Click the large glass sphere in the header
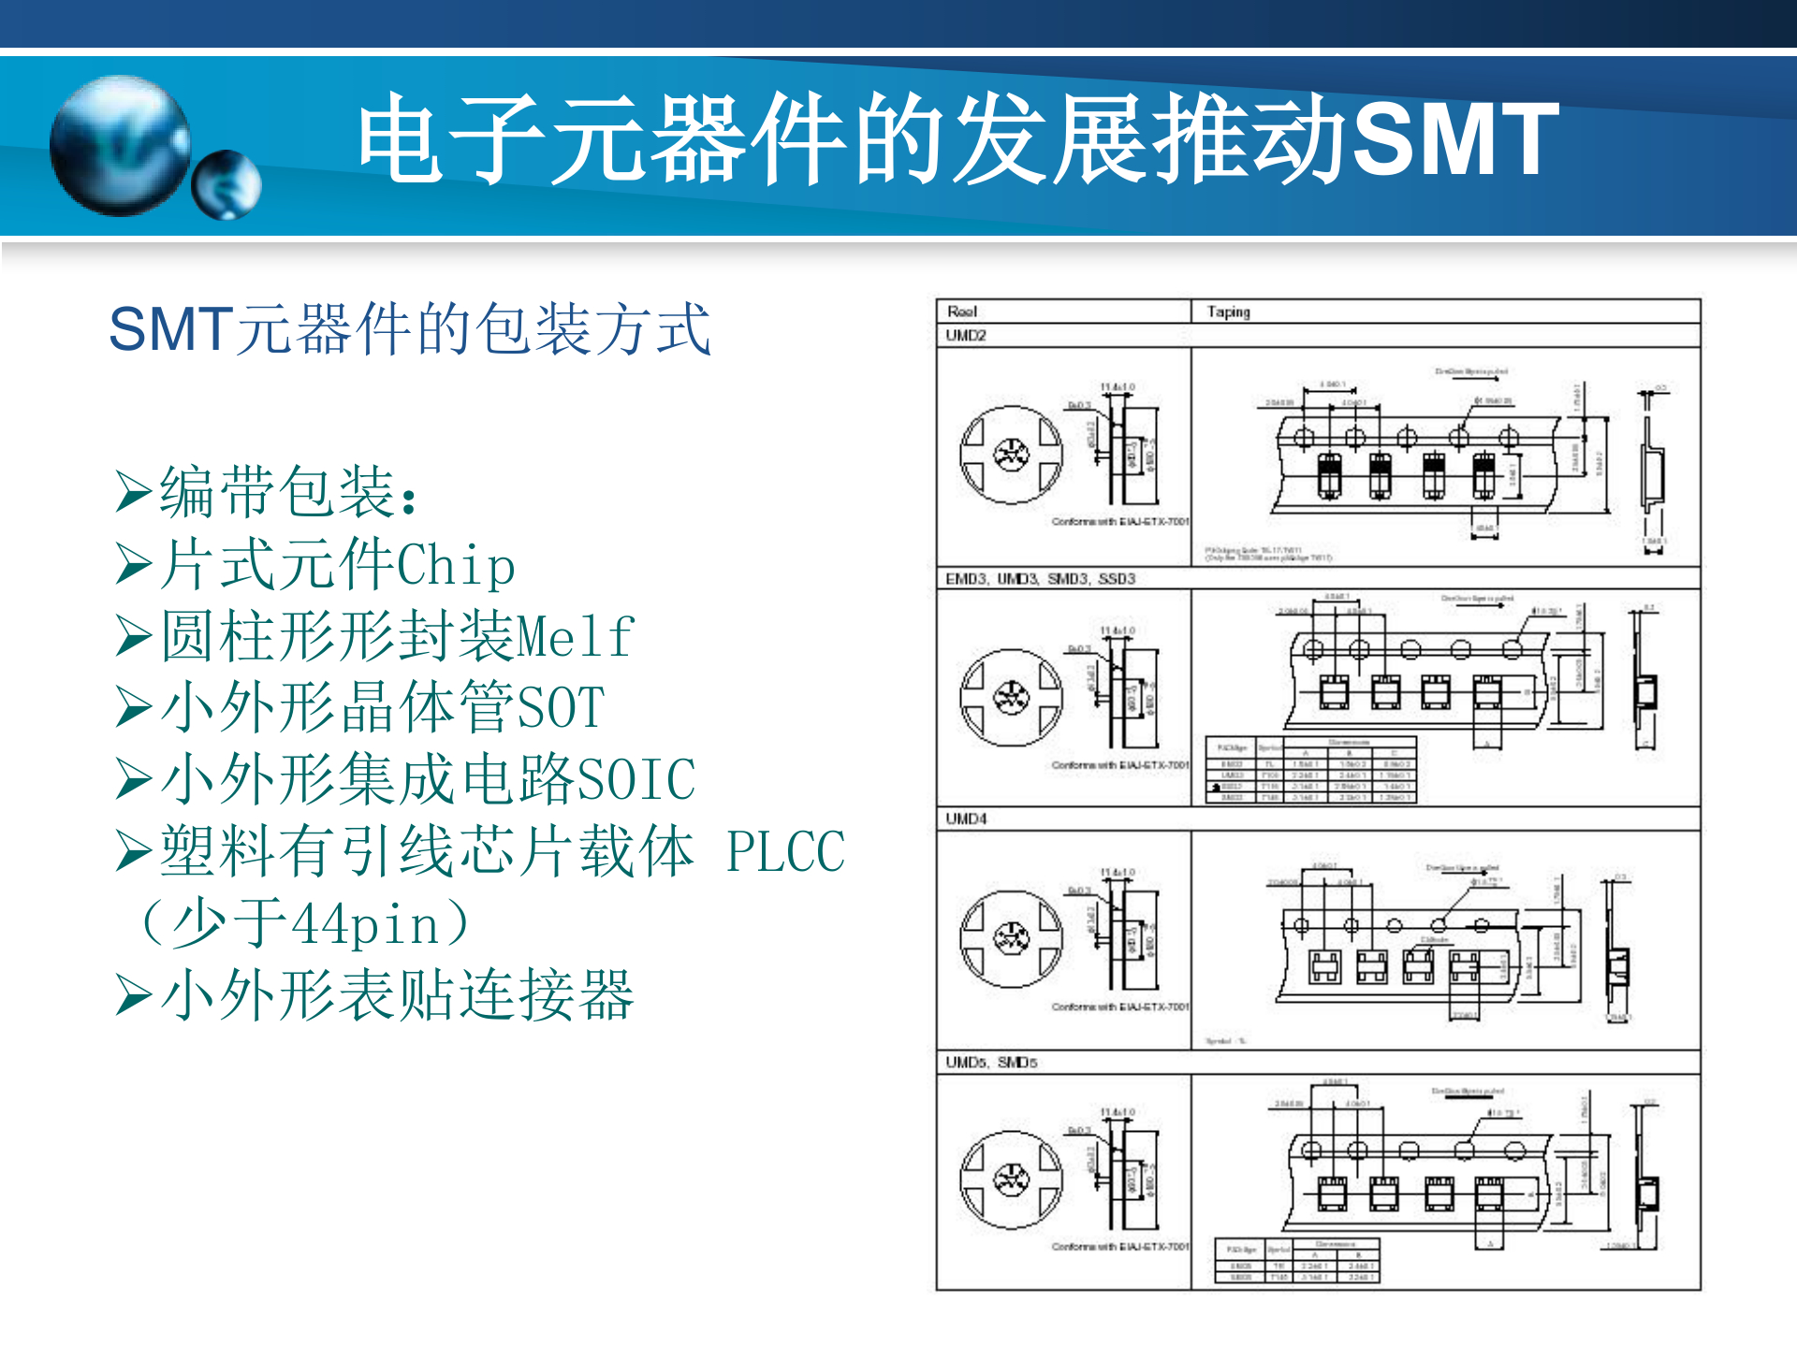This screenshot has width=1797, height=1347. click(120, 146)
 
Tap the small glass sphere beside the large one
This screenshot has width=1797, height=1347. click(226, 184)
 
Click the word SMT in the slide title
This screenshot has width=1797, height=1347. click(1454, 139)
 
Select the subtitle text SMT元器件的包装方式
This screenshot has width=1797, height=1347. click(409, 329)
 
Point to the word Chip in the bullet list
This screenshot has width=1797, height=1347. click(456, 566)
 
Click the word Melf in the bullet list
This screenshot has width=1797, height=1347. click(576, 637)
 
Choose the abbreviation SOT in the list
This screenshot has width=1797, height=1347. click(561, 708)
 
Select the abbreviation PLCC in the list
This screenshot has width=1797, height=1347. click(785, 851)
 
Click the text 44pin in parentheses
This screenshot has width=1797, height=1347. click(366, 924)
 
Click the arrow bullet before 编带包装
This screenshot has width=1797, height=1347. click(133, 493)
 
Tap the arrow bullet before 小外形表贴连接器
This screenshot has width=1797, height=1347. click(133, 994)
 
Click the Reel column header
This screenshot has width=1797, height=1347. click(962, 311)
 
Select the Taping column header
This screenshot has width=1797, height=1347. click(1228, 311)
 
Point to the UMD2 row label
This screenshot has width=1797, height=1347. click(966, 336)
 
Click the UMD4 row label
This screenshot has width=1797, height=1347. click(966, 819)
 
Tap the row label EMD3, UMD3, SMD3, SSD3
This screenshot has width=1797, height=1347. click(1040, 579)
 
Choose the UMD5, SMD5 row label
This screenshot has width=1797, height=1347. click(991, 1063)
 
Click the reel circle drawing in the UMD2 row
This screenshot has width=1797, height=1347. click(1012, 456)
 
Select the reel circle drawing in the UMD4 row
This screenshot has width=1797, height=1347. click(1012, 938)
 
